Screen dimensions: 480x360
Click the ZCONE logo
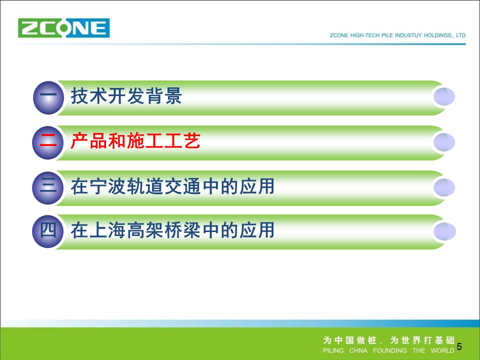click(63, 28)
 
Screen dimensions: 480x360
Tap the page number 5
click(459, 346)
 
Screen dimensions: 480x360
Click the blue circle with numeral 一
click(48, 97)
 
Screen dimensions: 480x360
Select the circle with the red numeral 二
click(48, 142)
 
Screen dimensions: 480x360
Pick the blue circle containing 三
click(48, 187)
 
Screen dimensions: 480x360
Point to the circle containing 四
click(48, 231)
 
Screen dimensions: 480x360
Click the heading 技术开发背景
click(126, 96)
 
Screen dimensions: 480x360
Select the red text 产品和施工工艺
click(135, 141)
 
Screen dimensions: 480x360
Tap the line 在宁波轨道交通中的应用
click(172, 186)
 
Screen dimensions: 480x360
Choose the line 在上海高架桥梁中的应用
click(172, 230)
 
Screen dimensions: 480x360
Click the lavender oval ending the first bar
click(444, 96)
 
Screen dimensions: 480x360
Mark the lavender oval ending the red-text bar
click(444, 142)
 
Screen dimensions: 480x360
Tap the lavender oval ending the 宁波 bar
click(444, 187)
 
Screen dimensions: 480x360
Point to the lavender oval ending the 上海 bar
click(444, 231)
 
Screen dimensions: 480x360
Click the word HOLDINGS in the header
click(438, 35)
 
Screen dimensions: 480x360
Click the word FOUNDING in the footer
click(389, 350)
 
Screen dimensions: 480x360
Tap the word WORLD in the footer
click(442, 350)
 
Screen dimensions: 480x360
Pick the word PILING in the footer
click(333, 350)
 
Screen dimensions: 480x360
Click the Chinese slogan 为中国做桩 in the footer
click(349, 340)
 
